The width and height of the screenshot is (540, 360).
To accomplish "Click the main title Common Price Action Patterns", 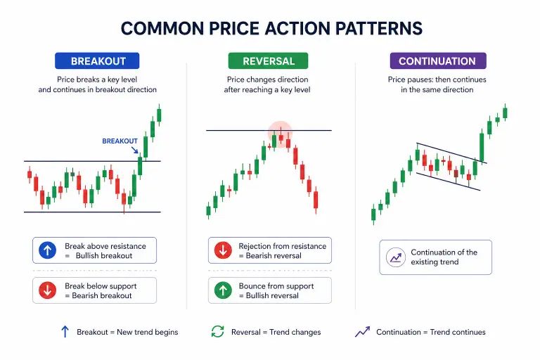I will (x=271, y=28).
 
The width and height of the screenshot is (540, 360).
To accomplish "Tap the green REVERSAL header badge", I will (x=269, y=61).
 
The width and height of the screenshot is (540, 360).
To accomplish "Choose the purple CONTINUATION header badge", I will (x=437, y=61).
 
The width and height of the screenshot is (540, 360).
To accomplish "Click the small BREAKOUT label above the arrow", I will (x=120, y=141).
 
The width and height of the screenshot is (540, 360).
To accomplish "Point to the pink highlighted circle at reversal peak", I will (x=280, y=134).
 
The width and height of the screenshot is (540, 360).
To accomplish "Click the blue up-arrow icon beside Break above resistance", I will (x=48, y=250).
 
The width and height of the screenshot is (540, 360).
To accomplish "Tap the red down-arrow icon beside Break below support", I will (x=48, y=290).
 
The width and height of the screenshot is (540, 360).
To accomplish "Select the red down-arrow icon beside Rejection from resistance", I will (x=223, y=250).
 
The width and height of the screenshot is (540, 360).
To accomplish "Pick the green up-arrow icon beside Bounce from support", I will (x=223, y=290).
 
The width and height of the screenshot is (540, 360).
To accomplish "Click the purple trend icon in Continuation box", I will (x=395, y=257).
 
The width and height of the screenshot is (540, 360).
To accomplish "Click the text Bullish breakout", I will (x=103, y=256).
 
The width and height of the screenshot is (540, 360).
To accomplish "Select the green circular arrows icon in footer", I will (x=218, y=332).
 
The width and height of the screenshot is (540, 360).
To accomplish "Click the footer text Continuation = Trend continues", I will (x=430, y=332).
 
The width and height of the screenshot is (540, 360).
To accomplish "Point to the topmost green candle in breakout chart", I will (x=159, y=114).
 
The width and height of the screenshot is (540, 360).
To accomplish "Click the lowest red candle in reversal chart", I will (x=316, y=200).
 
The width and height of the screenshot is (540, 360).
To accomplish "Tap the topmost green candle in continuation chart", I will (x=505, y=111).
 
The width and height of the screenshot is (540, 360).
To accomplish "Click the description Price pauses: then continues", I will (x=437, y=79).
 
